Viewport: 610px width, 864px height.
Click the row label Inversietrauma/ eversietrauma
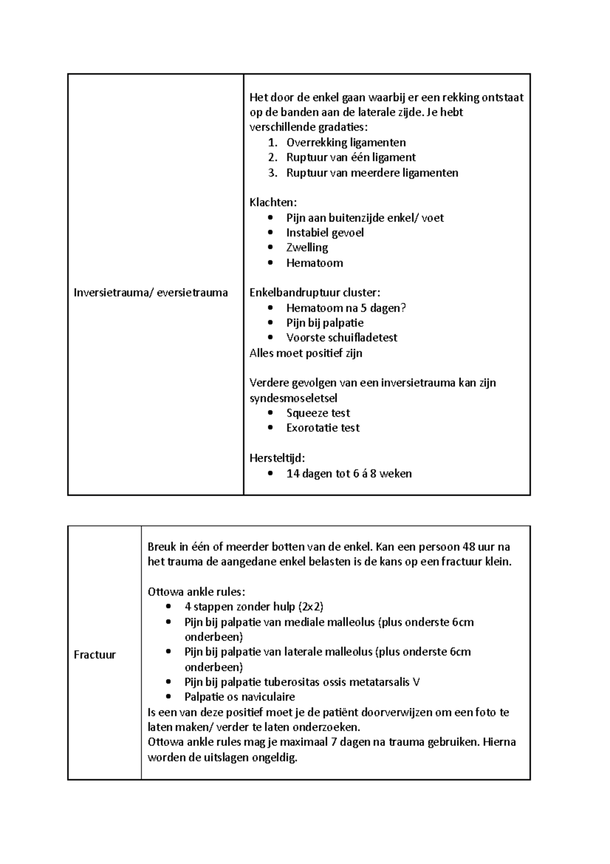(x=150, y=293)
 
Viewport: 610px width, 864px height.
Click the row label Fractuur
(x=95, y=655)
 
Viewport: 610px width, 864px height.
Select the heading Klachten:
(x=273, y=203)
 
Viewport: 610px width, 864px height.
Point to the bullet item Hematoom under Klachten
(x=314, y=263)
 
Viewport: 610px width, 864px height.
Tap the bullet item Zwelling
(x=307, y=248)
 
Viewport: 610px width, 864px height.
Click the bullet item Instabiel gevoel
(x=325, y=233)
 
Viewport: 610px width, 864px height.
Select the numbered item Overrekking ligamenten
(x=346, y=142)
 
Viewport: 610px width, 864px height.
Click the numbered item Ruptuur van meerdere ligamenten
(x=372, y=172)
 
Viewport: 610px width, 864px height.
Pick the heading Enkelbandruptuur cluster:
(x=315, y=293)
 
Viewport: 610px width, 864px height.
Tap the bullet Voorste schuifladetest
(x=342, y=338)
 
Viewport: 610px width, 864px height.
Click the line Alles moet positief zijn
(x=306, y=353)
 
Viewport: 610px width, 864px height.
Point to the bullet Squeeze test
(x=318, y=413)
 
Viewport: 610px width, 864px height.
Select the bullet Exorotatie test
(x=323, y=428)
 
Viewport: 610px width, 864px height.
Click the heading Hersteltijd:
(x=277, y=458)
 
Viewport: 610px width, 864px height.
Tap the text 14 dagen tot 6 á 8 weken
(x=349, y=474)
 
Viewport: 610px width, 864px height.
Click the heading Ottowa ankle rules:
(x=196, y=592)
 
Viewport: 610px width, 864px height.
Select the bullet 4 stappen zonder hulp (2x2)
(x=254, y=607)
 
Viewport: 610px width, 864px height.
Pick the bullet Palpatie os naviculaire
(x=239, y=697)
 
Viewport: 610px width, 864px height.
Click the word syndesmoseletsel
(x=293, y=398)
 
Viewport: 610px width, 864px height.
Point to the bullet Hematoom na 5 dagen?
(x=346, y=308)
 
